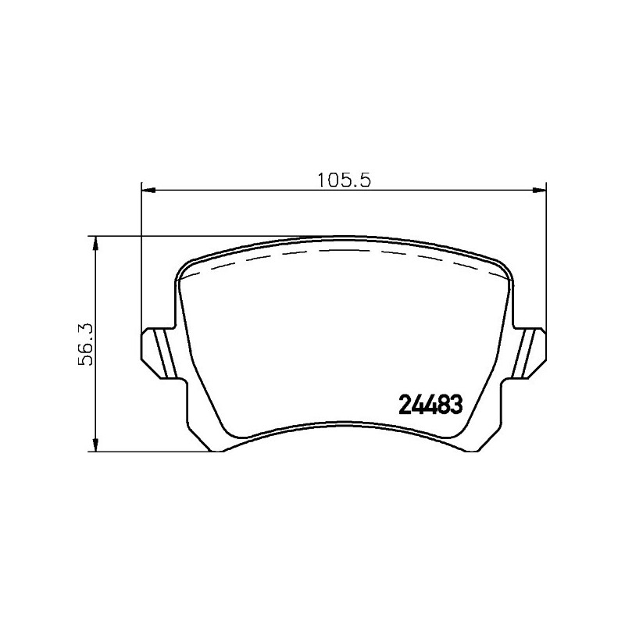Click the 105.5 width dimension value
pyautogui.click(x=341, y=178)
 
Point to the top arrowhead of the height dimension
pyautogui.click(x=96, y=243)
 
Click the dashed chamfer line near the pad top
pyautogui.click(x=344, y=252)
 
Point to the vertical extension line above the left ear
pyautogui.click(x=141, y=258)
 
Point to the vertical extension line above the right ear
pyautogui.click(x=545, y=258)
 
